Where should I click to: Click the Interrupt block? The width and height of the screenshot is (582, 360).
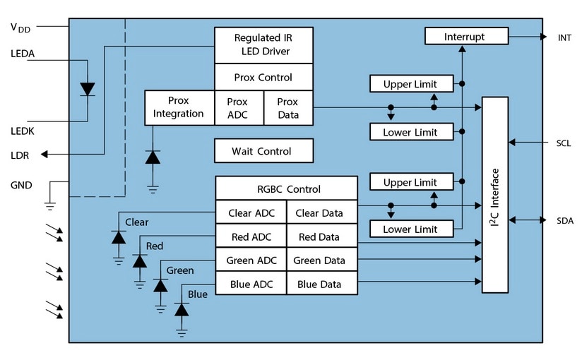point(466,36)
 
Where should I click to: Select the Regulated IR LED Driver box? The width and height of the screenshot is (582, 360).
point(263,44)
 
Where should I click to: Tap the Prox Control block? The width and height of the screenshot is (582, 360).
point(263,78)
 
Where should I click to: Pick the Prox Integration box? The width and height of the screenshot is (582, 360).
point(179,107)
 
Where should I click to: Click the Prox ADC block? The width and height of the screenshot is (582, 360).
point(238,107)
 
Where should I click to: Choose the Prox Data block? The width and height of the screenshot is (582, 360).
point(287,107)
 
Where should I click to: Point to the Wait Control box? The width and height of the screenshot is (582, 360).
point(263,151)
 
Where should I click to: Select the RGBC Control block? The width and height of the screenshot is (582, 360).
point(286,188)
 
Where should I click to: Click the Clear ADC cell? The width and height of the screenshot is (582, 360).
point(251,212)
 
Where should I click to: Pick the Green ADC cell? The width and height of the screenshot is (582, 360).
point(251,260)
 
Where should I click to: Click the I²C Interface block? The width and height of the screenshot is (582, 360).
point(495,195)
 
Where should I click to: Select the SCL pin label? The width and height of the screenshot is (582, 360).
point(563,143)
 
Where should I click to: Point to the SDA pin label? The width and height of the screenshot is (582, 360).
point(564,220)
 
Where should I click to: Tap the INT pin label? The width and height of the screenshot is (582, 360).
point(564,36)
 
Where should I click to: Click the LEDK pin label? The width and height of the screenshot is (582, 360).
point(23,131)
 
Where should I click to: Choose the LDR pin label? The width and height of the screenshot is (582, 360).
point(20,155)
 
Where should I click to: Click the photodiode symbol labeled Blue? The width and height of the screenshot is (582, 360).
point(182,309)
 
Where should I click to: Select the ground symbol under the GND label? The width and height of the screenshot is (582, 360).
point(49,205)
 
